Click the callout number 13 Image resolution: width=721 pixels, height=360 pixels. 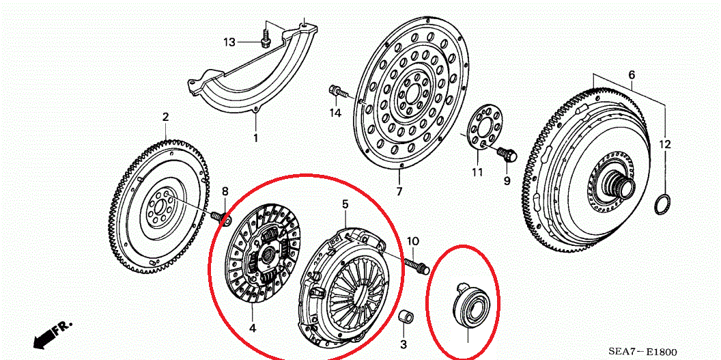pos(229,43)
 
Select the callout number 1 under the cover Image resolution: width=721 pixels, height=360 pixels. pos(255,137)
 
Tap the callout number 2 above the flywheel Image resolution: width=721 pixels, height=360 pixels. pos(165,117)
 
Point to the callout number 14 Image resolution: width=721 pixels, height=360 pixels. pos(335,113)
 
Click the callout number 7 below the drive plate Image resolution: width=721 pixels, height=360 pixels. pos(399,191)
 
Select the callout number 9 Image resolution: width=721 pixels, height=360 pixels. pos(507,181)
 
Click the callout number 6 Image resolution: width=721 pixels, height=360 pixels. pos(632,74)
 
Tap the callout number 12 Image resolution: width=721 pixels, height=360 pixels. pos(665,145)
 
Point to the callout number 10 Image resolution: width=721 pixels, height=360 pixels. pos(412,241)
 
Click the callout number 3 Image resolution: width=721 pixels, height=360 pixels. pos(404,344)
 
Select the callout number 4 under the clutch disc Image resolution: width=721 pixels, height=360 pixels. pos(253,329)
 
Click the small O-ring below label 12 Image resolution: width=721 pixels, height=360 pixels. pos(662,205)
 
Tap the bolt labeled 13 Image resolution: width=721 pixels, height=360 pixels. pos(266,39)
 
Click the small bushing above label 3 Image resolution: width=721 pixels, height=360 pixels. pos(406,317)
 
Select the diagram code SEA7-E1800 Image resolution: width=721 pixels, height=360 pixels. pos(643,352)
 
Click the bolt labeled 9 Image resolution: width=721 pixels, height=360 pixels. pos(507,154)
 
